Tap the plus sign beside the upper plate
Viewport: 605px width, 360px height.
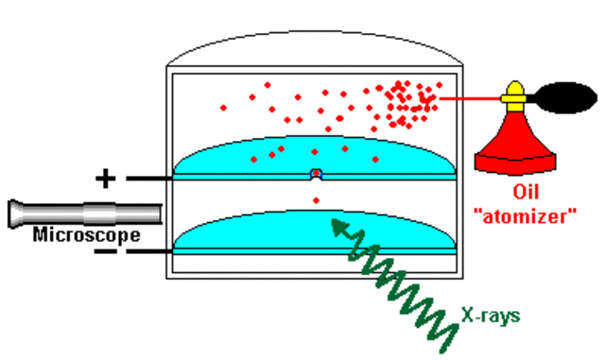coord(107,177)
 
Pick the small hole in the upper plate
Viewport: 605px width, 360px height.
coord(316,174)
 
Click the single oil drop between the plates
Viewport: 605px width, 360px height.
coord(316,199)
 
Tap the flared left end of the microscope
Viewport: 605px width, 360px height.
coord(16,213)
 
